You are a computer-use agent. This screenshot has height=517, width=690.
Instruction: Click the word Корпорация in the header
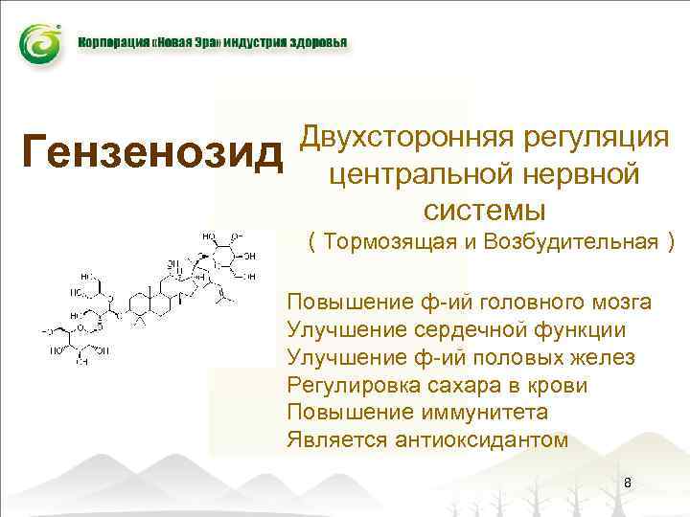tap(109, 44)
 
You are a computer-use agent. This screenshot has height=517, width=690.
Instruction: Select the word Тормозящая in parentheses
tap(378, 240)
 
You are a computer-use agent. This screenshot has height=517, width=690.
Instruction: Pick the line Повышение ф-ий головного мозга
tap(469, 303)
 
